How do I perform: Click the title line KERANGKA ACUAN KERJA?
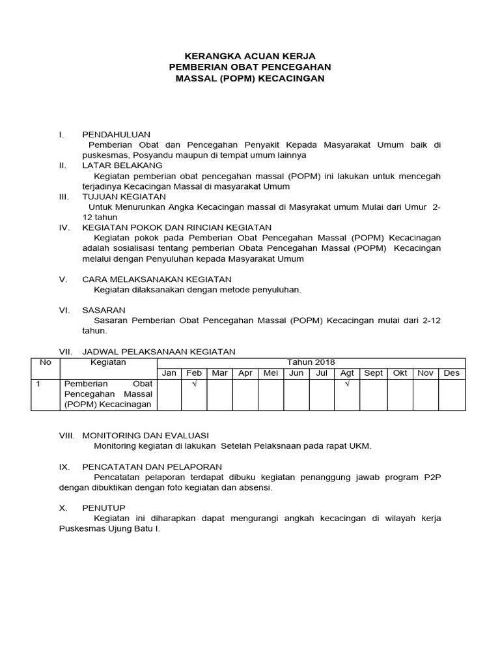pyautogui.click(x=250, y=57)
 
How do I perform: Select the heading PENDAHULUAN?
pyautogui.click(x=116, y=134)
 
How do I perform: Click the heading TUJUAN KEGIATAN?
pyautogui.click(x=124, y=196)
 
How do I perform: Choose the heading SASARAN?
pyautogui.click(x=104, y=310)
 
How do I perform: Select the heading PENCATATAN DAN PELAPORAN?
pyautogui.click(x=152, y=466)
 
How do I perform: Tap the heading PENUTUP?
pyautogui.click(x=104, y=507)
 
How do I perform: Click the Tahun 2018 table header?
pyautogui.click(x=311, y=363)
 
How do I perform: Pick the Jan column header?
pyautogui.click(x=169, y=373)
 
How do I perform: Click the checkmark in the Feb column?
pyautogui.click(x=194, y=385)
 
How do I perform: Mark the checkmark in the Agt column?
pyautogui.click(x=347, y=385)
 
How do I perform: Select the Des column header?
pyautogui.click(x=451, y=373)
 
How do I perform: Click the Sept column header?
pyautogui.click(x=373, y=373)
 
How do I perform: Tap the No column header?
pyautogui.click(x=46, y=363)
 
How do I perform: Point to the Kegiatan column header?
pyautogui.click(x=108, y=363)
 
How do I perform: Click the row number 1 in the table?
pyautogui.click(x=38, y=384)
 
